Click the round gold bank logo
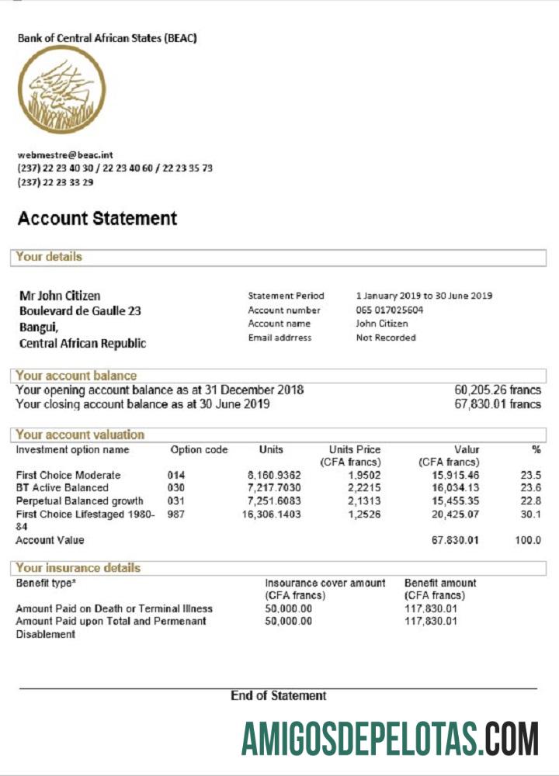(61, 90)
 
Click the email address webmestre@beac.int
(65, 155)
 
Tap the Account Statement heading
(97, 219)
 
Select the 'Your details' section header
(49, 257)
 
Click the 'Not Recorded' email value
(386, 338)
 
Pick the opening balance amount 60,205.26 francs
(497, 390)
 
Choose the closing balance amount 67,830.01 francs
(497, 404)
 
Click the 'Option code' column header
(199, 450)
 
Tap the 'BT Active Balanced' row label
(62, 488)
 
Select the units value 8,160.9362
(274, 475)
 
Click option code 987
(176, 514)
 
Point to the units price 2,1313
(364, 501)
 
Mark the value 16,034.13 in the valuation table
(456, 488)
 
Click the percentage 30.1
(530, 514)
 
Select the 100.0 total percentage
(528, 540)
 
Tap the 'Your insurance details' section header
(78, 568)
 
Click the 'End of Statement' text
(278, 696)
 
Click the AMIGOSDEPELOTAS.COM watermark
(389, 738)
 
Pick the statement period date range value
(424, 296)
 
